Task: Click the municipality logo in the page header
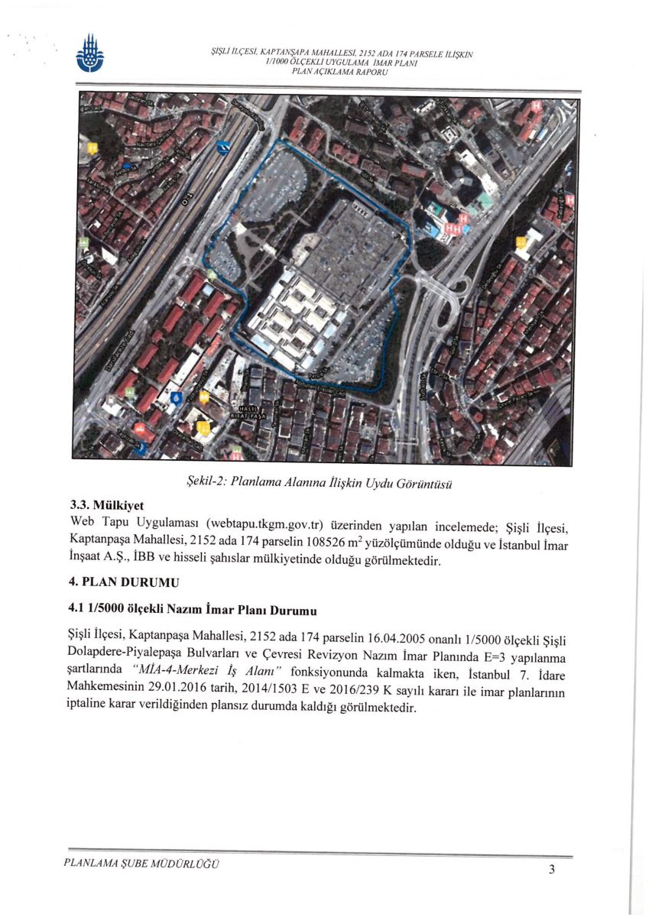pos(89,56)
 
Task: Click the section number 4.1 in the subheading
pos(77,611)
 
